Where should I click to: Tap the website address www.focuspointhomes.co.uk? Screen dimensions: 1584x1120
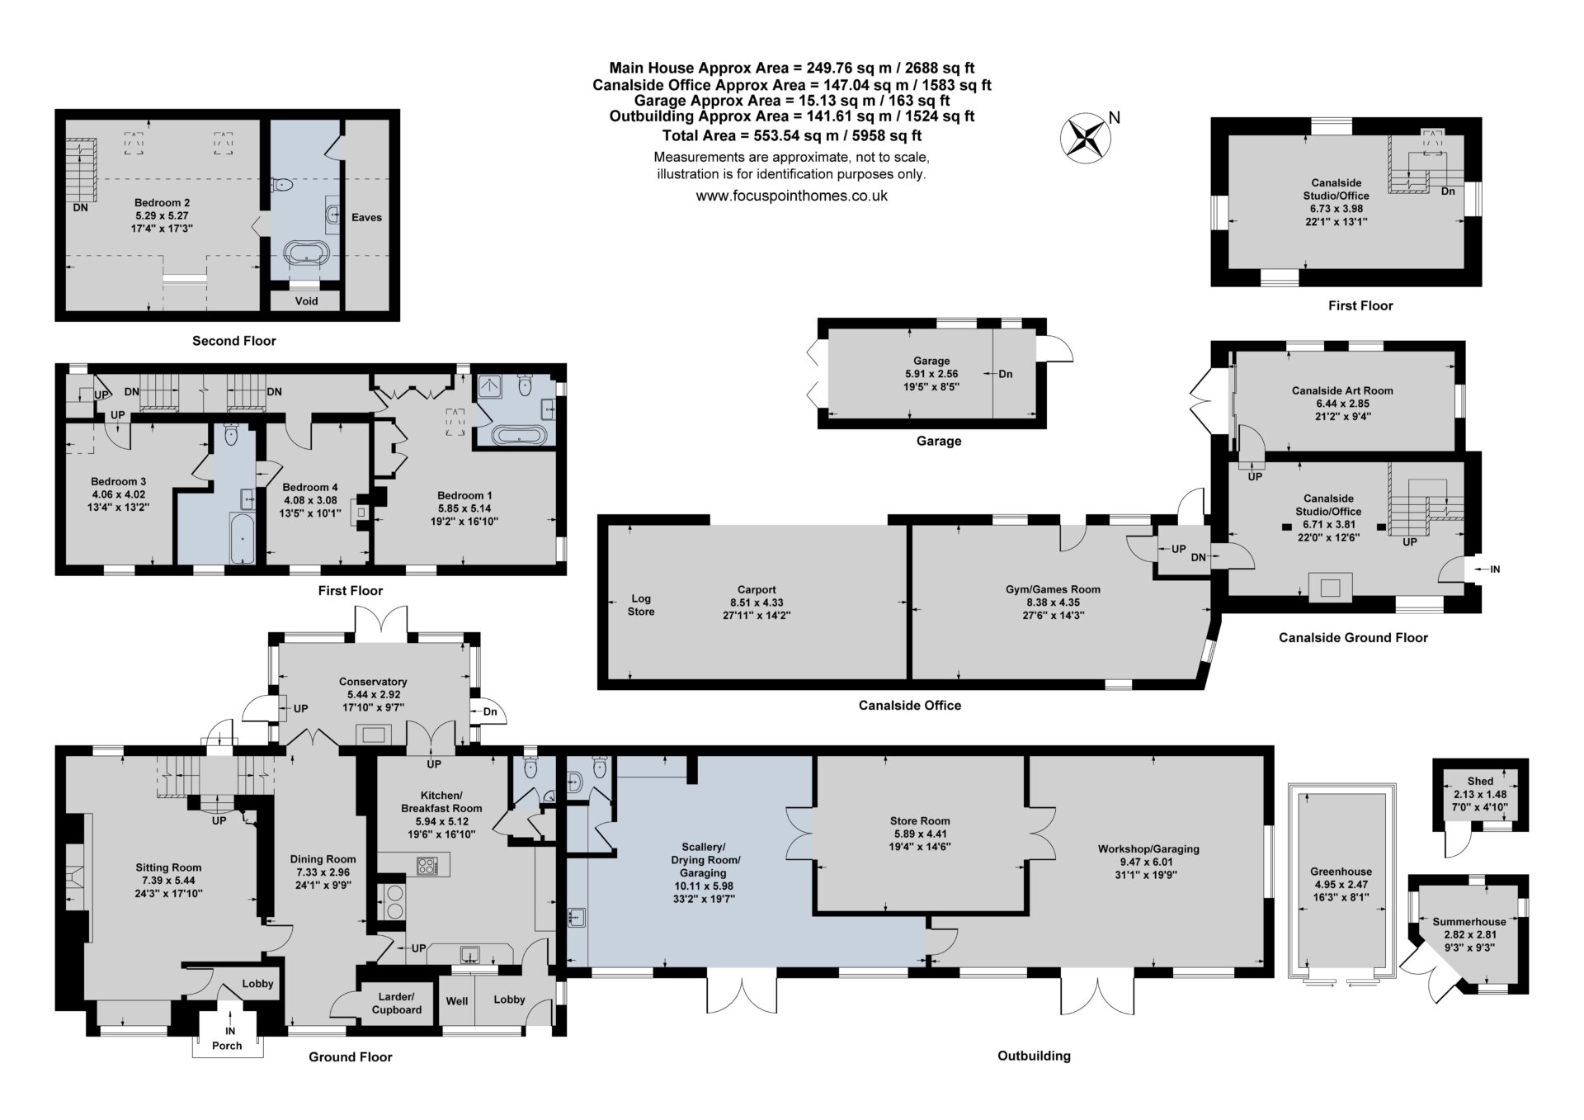tap(791, 196)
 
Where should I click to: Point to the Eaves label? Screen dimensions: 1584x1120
tap(367, 217)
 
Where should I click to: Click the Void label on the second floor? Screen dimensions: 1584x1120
tap(306, 301)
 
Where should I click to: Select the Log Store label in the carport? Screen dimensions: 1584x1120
tap(641, 605)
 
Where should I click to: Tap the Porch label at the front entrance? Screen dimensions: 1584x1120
tap(227, 1046)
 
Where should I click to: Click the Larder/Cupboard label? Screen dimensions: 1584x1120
tap(397, 1003)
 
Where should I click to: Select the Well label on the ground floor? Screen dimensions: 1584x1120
tap(456, 1001)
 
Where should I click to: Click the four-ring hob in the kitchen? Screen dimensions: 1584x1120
tap(429, 866)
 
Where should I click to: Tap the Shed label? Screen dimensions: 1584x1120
tap(1480, 781)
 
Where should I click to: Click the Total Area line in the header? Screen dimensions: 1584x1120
tap(792, 135)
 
